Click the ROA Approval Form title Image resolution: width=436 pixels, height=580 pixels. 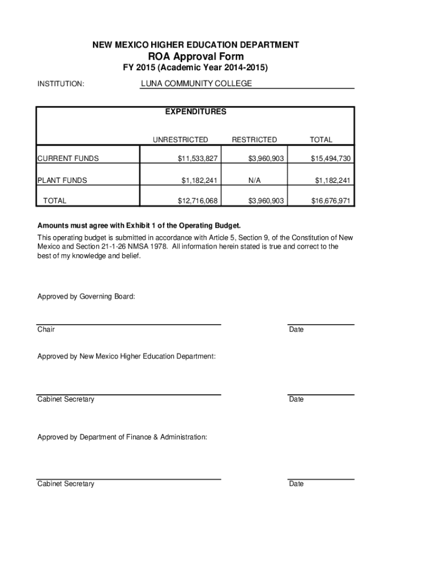tap(196, 56)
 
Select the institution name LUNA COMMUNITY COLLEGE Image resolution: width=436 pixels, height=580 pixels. tap(196, 84)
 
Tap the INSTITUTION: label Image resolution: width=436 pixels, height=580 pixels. tap(61, 84)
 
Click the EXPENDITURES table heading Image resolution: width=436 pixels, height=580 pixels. tap(195, 112)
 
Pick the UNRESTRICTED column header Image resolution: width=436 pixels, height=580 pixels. tap(180, 139)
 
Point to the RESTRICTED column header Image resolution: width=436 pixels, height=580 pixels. tap(254, 139)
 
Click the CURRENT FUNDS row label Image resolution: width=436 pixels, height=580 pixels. tap(68, 159)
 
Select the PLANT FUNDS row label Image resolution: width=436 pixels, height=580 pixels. tap(62, 181)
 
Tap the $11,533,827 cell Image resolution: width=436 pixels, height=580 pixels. tap(198, 159)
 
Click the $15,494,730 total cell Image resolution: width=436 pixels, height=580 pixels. tap(331, 159)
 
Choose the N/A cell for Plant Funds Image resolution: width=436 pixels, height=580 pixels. tap(254, 181)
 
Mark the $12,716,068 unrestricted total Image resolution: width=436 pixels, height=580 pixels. tap(198, 201)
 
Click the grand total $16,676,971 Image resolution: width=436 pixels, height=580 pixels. tap(331, 201)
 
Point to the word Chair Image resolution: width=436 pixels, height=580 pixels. tap(46, 329)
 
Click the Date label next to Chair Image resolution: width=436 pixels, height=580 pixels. tap(296, 329)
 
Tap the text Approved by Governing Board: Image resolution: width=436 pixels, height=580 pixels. tap(86, 296)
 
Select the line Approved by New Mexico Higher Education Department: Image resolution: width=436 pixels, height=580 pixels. tap(126, 356)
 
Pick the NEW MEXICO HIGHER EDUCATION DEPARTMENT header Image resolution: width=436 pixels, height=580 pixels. tap(196, 44)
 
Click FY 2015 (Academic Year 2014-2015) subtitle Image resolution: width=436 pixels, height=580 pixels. tap(196, 68)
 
